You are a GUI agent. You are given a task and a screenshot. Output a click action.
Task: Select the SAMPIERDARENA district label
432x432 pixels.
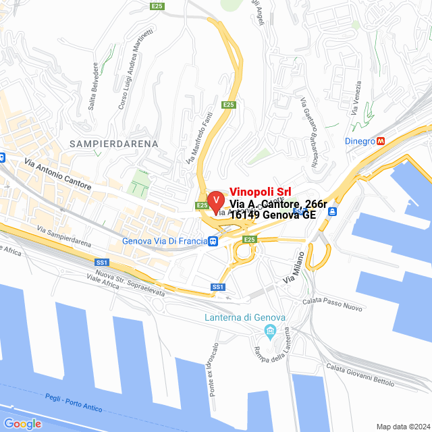pyautogui.click(x=114, y=144)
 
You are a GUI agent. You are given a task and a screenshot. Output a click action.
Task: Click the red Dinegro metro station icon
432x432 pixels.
pyautogui.click(x=381, y=141)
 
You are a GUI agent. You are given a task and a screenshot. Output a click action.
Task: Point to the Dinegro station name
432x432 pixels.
pyautogui.click(x=359, y=141)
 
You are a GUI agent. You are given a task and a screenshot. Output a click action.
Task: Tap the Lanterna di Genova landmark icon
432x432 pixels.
pyautogui.click(x=271, y=331)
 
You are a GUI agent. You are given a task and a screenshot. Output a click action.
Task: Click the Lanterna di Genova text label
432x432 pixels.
pyautogui.click(x=245, y=318)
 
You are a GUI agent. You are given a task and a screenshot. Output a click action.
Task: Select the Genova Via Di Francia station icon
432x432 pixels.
pyautogui.click(x=213, y=241)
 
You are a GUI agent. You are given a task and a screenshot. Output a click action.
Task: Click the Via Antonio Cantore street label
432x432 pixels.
pyautogui.click(x=57, y=172)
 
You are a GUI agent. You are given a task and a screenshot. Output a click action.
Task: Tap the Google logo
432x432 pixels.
pyautogui.click(x=22, y=423)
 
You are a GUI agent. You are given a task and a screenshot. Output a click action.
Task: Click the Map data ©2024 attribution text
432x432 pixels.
pyautogui.click(x=403, y=427)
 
